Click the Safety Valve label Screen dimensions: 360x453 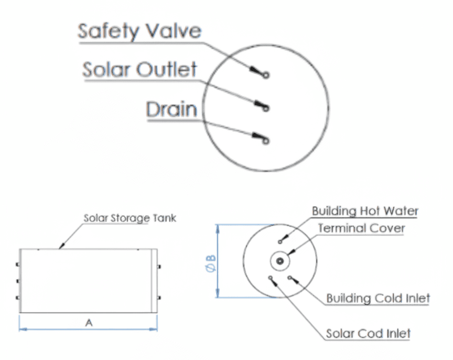[x=139, y=31]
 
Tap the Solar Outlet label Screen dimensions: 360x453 [x=139, y=69]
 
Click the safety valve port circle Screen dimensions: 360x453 [x=266, y=75]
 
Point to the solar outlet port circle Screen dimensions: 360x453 [x=266, y=109]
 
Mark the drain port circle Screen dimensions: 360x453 [x=266, y=140]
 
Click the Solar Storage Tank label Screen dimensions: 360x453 [x=130, y=218]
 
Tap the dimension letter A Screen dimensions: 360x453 [x=89, y=323]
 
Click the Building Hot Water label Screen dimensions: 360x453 [x=365, y=211]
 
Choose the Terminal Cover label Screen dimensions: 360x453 [x=361, y=228]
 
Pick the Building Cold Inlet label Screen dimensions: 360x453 [x=378, y=299]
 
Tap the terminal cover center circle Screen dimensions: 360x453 [x=281, y=261]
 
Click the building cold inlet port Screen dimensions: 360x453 [x=289, y=276]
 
